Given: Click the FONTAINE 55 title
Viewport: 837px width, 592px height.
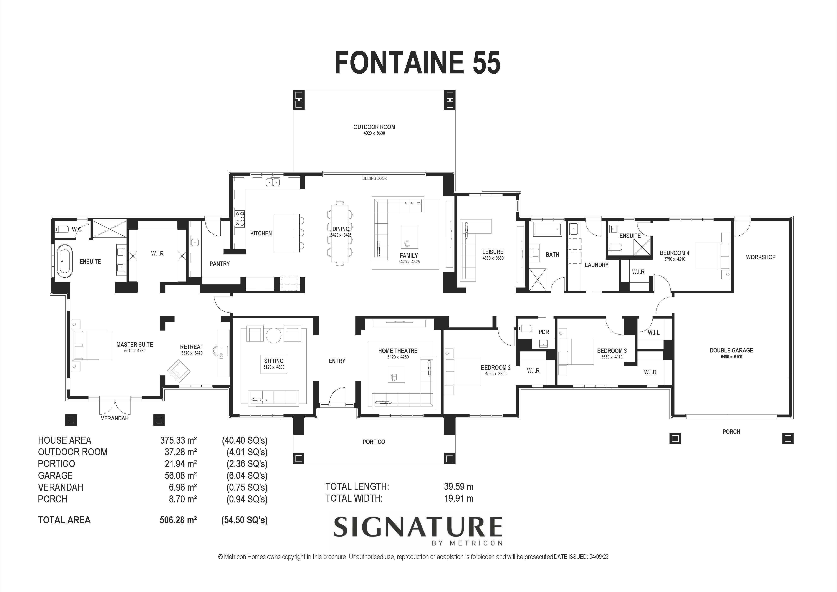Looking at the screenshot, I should click(x=417, y=63).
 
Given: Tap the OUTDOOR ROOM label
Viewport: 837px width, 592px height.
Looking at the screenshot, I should click(x=374, y=127).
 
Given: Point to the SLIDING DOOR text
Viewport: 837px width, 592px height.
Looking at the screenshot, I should click(x=374, y=178).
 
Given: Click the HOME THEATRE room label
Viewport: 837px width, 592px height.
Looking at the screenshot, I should click(x=398, y=351).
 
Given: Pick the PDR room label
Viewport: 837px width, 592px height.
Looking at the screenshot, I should click(x=544, y=332).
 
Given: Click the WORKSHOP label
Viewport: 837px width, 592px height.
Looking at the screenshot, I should click(x=760, y=257).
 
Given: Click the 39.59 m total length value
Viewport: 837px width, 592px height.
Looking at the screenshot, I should click(x=459, y=486).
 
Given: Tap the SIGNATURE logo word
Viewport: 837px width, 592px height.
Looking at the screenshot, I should click(x=418, y=527).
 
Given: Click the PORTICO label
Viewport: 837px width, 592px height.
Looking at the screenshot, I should click(x=374, y=442).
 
